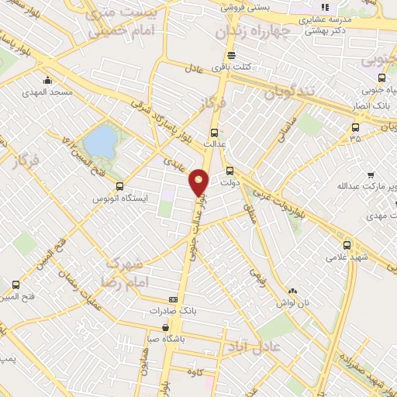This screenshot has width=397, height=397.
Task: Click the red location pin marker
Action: coord(199,183)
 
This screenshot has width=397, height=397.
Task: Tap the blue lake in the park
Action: coord(99,141)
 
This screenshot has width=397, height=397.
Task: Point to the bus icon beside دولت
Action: coord(230,171)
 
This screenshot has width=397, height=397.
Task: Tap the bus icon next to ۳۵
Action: coord(355,128)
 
